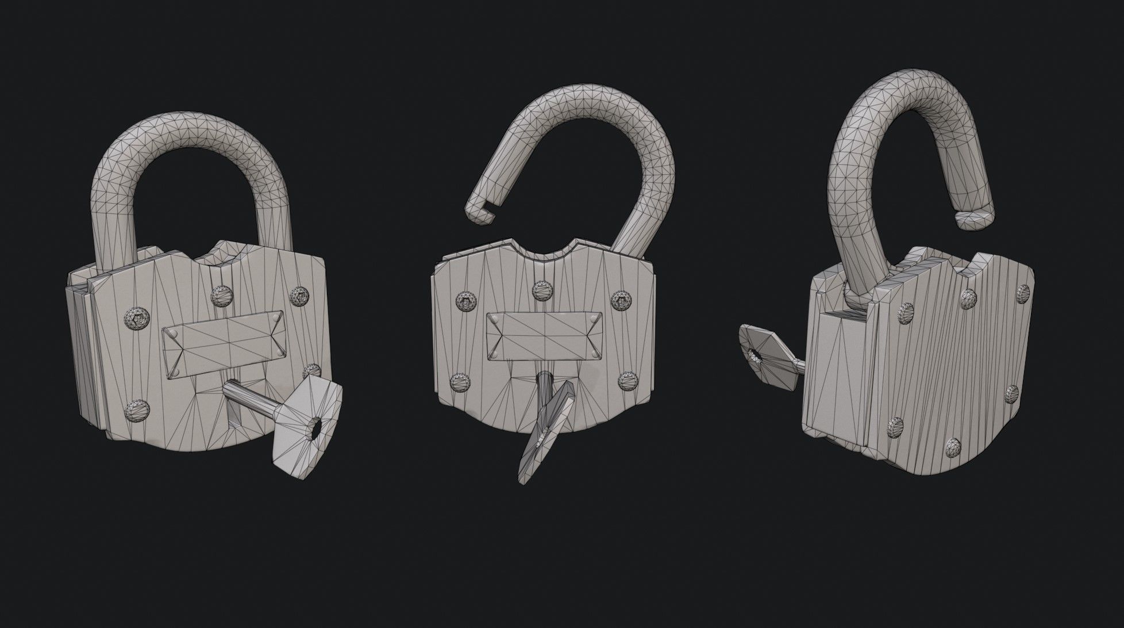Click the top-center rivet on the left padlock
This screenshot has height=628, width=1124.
[220, 295]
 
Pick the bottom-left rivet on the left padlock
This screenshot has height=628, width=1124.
[136, 409]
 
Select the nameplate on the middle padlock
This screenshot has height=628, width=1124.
[543, 334]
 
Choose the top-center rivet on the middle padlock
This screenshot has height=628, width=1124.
[542, 290]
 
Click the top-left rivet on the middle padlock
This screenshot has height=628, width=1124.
[464, 300]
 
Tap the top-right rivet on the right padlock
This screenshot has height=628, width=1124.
[1022, 293]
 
